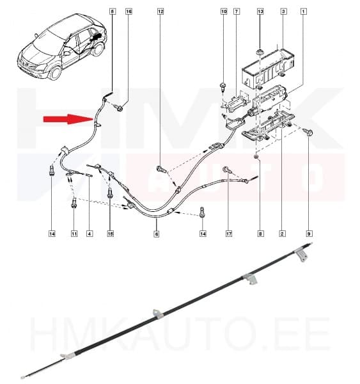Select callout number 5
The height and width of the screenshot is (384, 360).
tap(113, 12)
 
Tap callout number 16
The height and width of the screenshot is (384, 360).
tap(128, 12)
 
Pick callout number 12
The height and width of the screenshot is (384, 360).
tap(160, 12)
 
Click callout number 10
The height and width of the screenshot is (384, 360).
tap(224, 12)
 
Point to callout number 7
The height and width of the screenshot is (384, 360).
tap(237, 12)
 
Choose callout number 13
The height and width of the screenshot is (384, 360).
tap(260, 12)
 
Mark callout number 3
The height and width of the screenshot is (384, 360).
tap(283, 12)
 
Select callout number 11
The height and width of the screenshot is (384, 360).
tap(74, 234)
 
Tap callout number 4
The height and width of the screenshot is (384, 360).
tap(90, 234)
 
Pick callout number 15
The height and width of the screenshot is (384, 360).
tap(110, 234)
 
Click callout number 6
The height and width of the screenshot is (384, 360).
tap(156, 234)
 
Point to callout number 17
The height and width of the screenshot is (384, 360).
tap(228, 234)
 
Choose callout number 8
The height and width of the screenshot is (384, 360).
tap(260, 234)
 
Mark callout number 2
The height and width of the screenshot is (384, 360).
tap(282, 234)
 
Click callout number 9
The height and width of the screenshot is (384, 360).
tap(309, 234)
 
